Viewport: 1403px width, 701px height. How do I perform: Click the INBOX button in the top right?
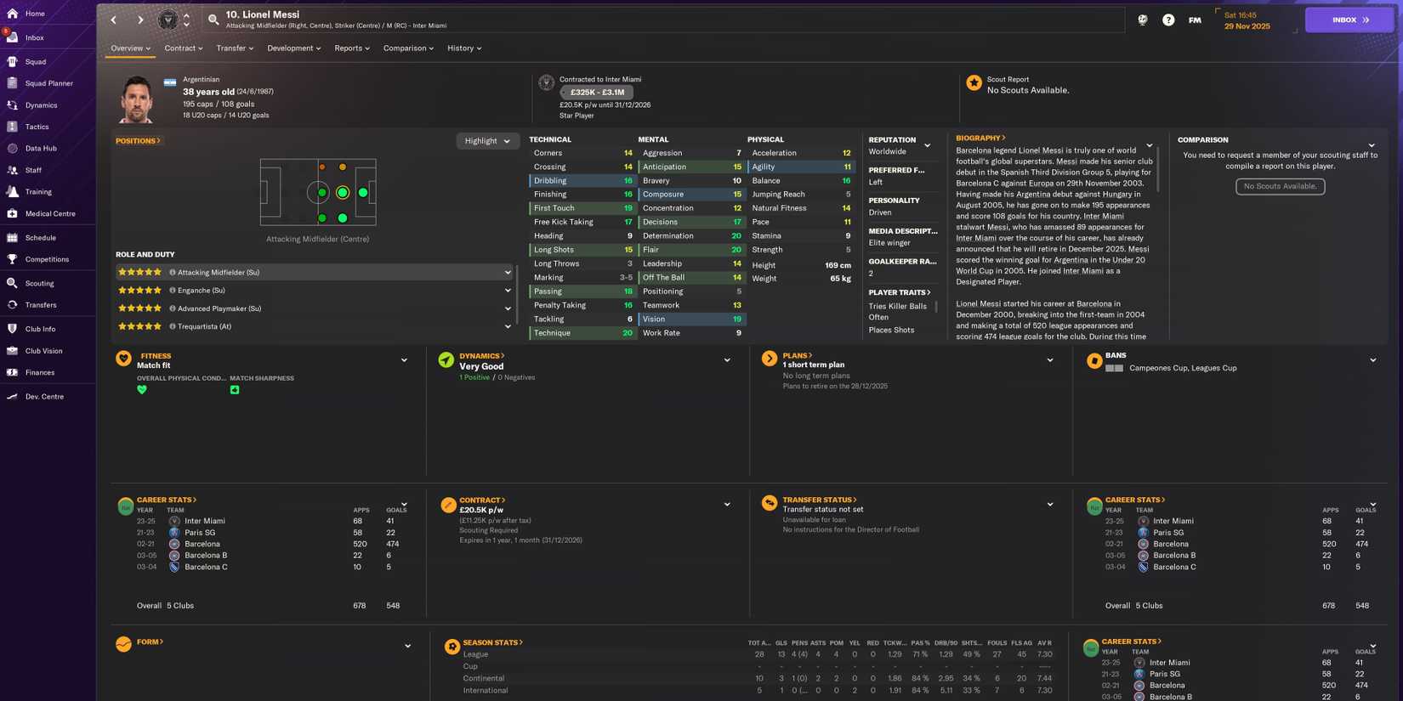[1349, 20]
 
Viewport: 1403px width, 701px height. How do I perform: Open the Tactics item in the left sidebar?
[37, 127]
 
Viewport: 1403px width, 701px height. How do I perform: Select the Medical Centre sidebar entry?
[49, 214]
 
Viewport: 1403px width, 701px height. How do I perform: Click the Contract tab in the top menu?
[183, 48]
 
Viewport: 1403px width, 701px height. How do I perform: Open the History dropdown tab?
[463, 48]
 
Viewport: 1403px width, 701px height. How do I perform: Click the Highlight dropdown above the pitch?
[487, 141]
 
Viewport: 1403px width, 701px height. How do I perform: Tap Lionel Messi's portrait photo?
[137, 99]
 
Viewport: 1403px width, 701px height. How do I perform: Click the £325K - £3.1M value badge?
[597, 92]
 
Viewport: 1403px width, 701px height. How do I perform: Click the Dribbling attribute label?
[550, 181]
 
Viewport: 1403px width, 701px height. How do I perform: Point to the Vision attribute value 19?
[736, 319]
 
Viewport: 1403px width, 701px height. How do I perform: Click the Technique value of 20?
[628, 333]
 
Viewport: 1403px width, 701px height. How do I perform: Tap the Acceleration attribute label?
[774, 153]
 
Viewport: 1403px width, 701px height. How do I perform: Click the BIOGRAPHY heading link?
[980, 138]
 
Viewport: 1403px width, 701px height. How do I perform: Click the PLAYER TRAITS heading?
[899, 292]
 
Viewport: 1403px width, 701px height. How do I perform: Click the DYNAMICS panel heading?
[481, 356]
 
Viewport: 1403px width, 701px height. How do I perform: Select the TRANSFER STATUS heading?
[819, 500]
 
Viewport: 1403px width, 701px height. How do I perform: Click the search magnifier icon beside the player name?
[213, 20]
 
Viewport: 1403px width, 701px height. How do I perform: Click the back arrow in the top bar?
[114, 20]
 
